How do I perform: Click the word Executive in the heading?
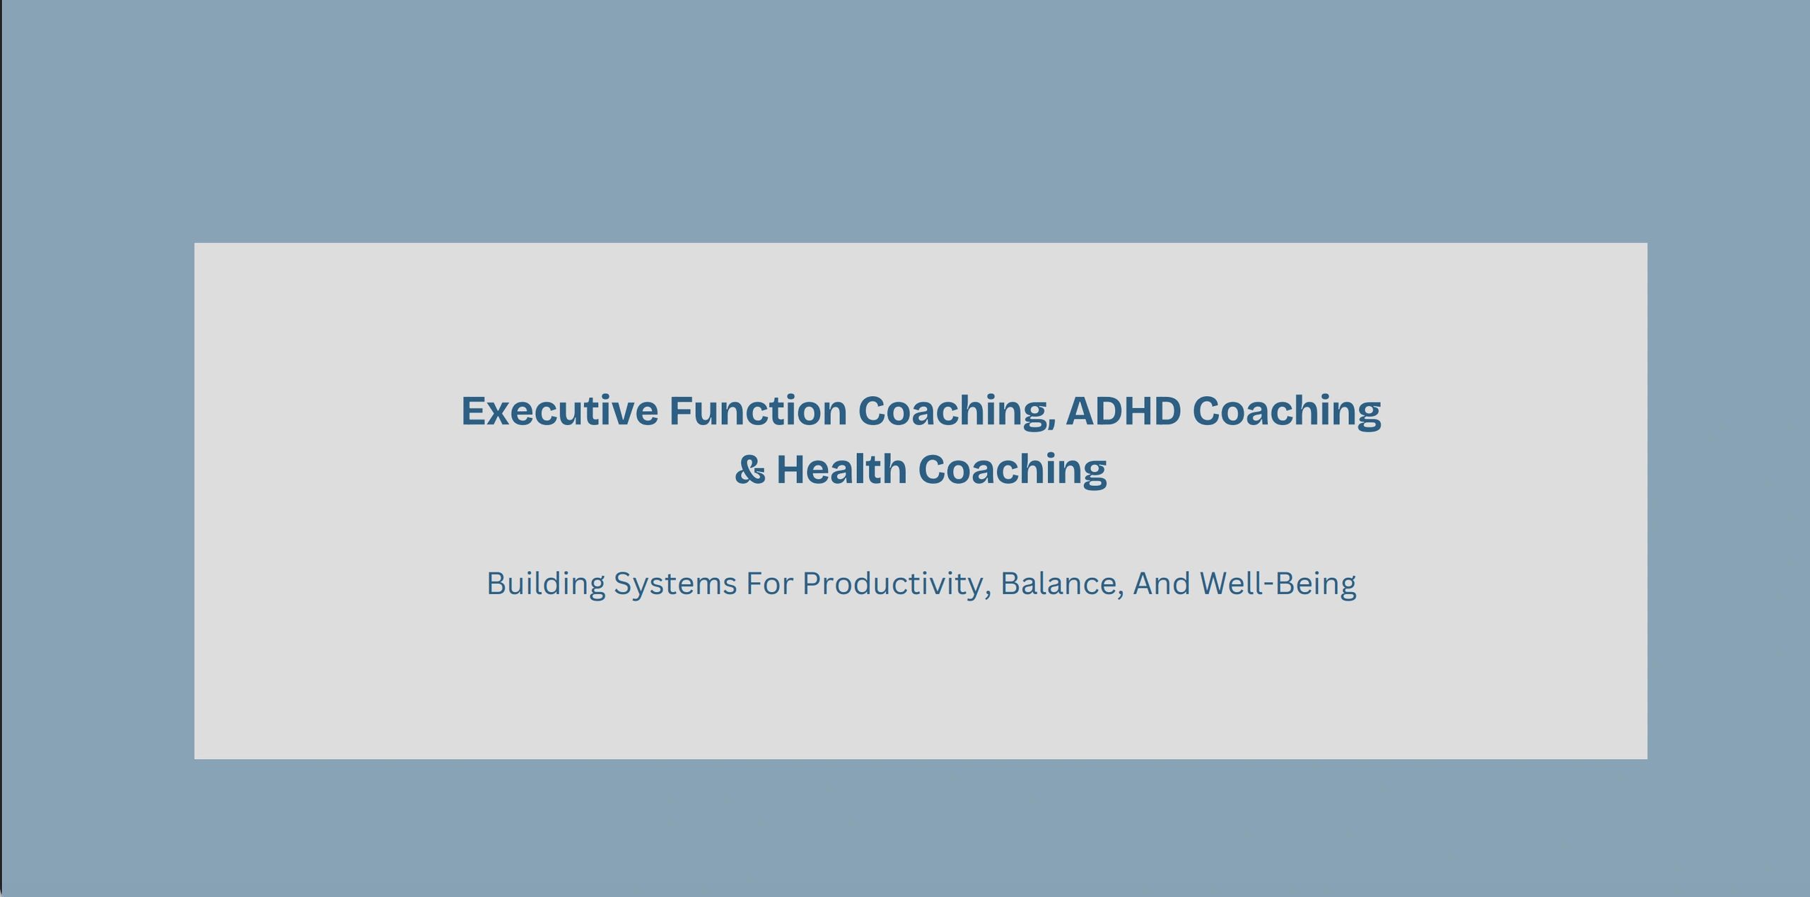(x=559, y=411)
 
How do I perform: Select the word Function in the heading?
(x=758, y=411)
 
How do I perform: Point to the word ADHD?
(x=1123, y=411)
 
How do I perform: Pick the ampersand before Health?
(x=749, y=470)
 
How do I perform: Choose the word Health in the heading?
(x=841, y=469)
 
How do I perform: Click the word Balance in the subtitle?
(x=1058, y=584)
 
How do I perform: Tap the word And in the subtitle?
(x=1162, y=584)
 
